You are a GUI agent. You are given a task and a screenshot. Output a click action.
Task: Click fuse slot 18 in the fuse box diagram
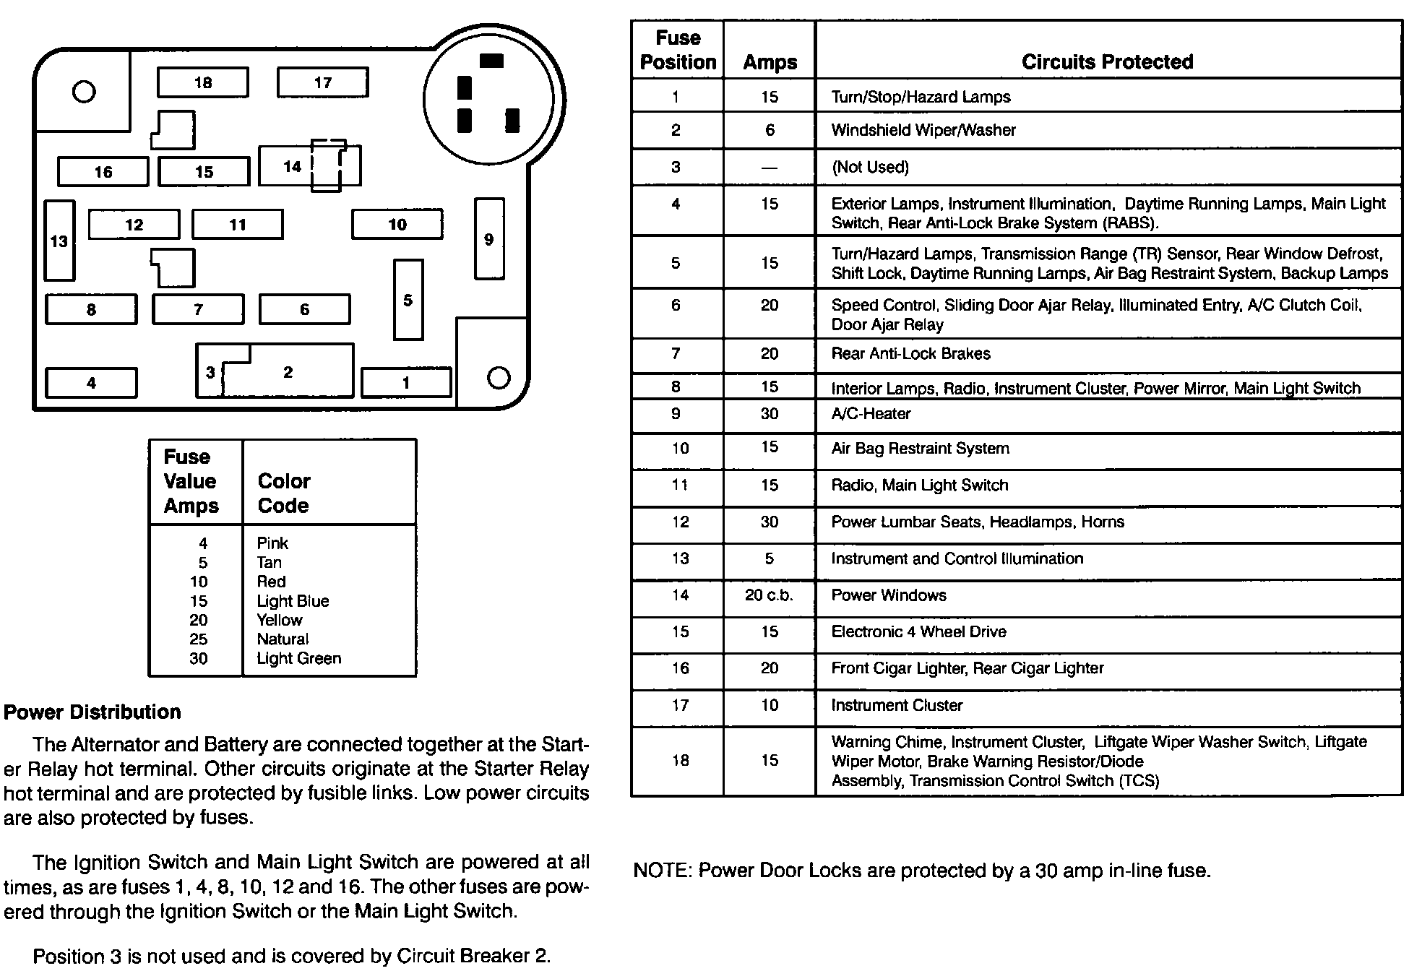tap(203, 82)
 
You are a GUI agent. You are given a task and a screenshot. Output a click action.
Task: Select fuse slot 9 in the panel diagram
tap(489, 239)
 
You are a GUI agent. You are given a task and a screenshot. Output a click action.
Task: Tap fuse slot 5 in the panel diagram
tap(408, 300)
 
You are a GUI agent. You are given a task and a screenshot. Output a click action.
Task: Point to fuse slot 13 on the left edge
tap(59, 241)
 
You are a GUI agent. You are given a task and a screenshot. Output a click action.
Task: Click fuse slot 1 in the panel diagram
tap(406, 382)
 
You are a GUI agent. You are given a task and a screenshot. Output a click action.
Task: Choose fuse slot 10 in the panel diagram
tap(397, 224)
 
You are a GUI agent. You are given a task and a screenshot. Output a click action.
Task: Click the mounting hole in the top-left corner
tap(85, 92)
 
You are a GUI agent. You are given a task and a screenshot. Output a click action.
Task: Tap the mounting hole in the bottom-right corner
tap(499, 377)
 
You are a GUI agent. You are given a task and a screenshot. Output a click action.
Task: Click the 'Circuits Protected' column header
tap(1107, 62)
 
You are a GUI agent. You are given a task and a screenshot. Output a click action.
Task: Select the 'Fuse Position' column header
tap(678, 50)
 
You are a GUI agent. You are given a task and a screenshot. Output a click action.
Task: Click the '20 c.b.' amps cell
tap(769, 595)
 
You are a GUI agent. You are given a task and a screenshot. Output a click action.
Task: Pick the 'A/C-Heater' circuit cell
tap(871, 414)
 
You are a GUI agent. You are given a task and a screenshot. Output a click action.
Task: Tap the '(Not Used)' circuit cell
tap(870, 168)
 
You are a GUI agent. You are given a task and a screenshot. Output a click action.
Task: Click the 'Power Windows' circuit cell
tap(889, 595)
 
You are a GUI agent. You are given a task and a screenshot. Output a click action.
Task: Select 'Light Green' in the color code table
tap(298, 658)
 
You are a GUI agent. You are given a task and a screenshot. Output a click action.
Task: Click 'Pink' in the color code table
tap(272, 543)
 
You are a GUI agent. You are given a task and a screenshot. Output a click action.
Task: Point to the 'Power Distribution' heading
tap(92, 712)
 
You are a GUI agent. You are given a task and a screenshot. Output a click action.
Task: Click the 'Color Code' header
tap(284, 493)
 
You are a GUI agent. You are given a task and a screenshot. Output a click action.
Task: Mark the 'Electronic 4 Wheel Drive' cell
tap(918, 632)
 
